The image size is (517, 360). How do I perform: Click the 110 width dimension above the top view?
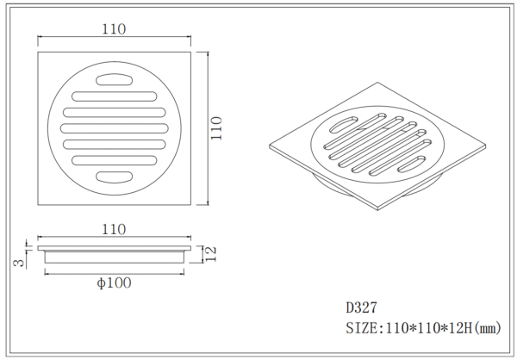(x=114, y=29)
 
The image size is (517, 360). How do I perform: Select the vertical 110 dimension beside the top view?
(x=216, y=128)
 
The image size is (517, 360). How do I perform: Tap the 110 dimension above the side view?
(x=114, y=229)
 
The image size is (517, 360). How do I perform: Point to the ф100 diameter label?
(x=114, y=282)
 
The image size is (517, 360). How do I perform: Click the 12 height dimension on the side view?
(x=210, y=254)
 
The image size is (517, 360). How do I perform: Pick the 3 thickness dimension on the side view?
(x=19, y=263)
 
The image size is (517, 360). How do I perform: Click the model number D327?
(x=361, y=307)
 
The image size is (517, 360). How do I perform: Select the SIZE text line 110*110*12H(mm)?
(x=423, y=328)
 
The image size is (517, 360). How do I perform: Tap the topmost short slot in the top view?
(x=115, y=80)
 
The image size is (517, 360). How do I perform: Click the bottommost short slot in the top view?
(x=115, y=177)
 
